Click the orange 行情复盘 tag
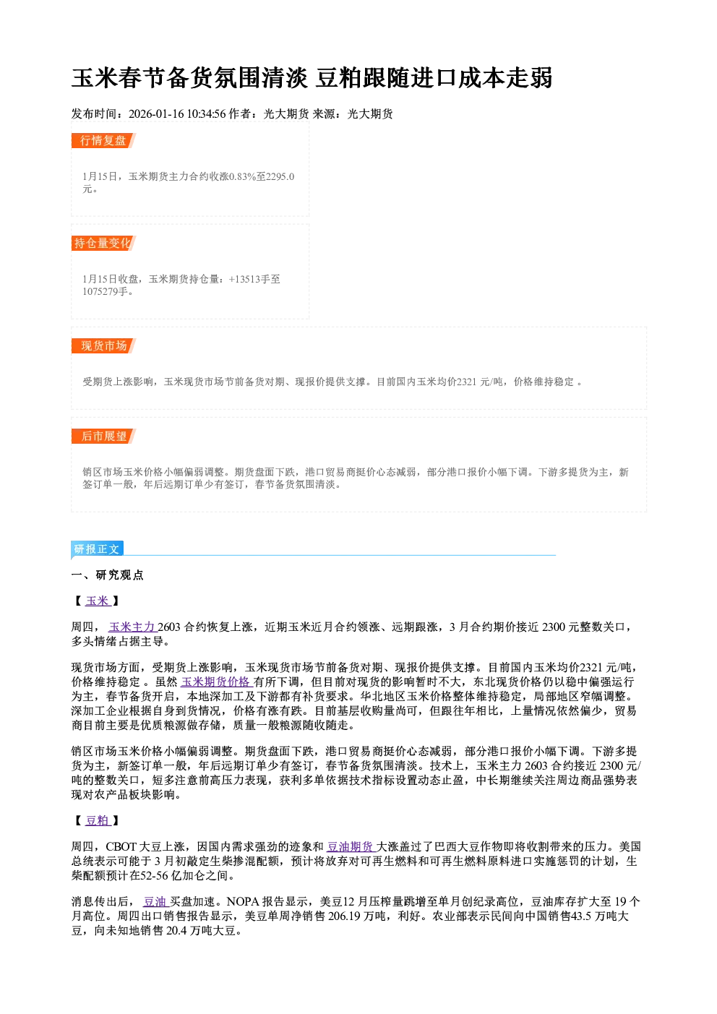103,140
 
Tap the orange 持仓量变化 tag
103,243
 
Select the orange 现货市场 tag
103,346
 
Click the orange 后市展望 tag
103,436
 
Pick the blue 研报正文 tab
98,549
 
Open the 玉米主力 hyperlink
132,627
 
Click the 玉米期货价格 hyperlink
216,682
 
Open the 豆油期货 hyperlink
351,846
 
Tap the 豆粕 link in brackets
98,820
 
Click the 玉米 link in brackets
98,601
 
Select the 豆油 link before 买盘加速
155,902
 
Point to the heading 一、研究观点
107,575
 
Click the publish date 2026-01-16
156,113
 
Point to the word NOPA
243,902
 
